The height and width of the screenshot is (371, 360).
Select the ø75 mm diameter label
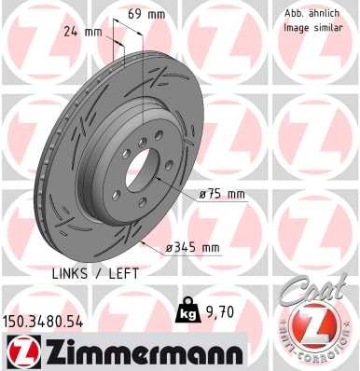[x=221, y=195]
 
